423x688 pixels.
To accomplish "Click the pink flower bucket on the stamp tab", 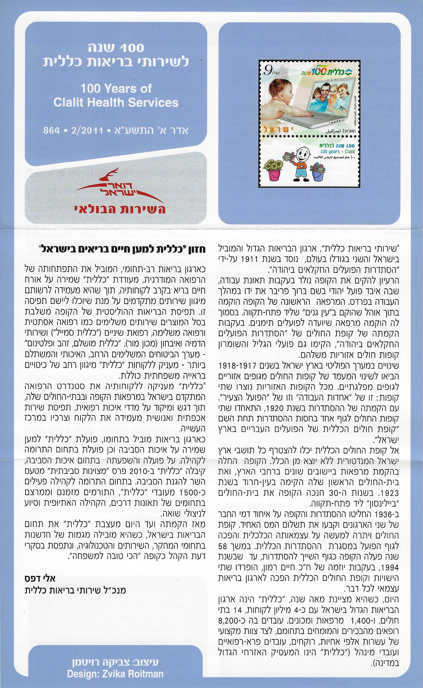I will pos(274,174).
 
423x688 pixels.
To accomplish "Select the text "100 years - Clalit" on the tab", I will pos(337,151).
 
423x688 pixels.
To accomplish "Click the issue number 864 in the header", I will pos(51,130).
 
